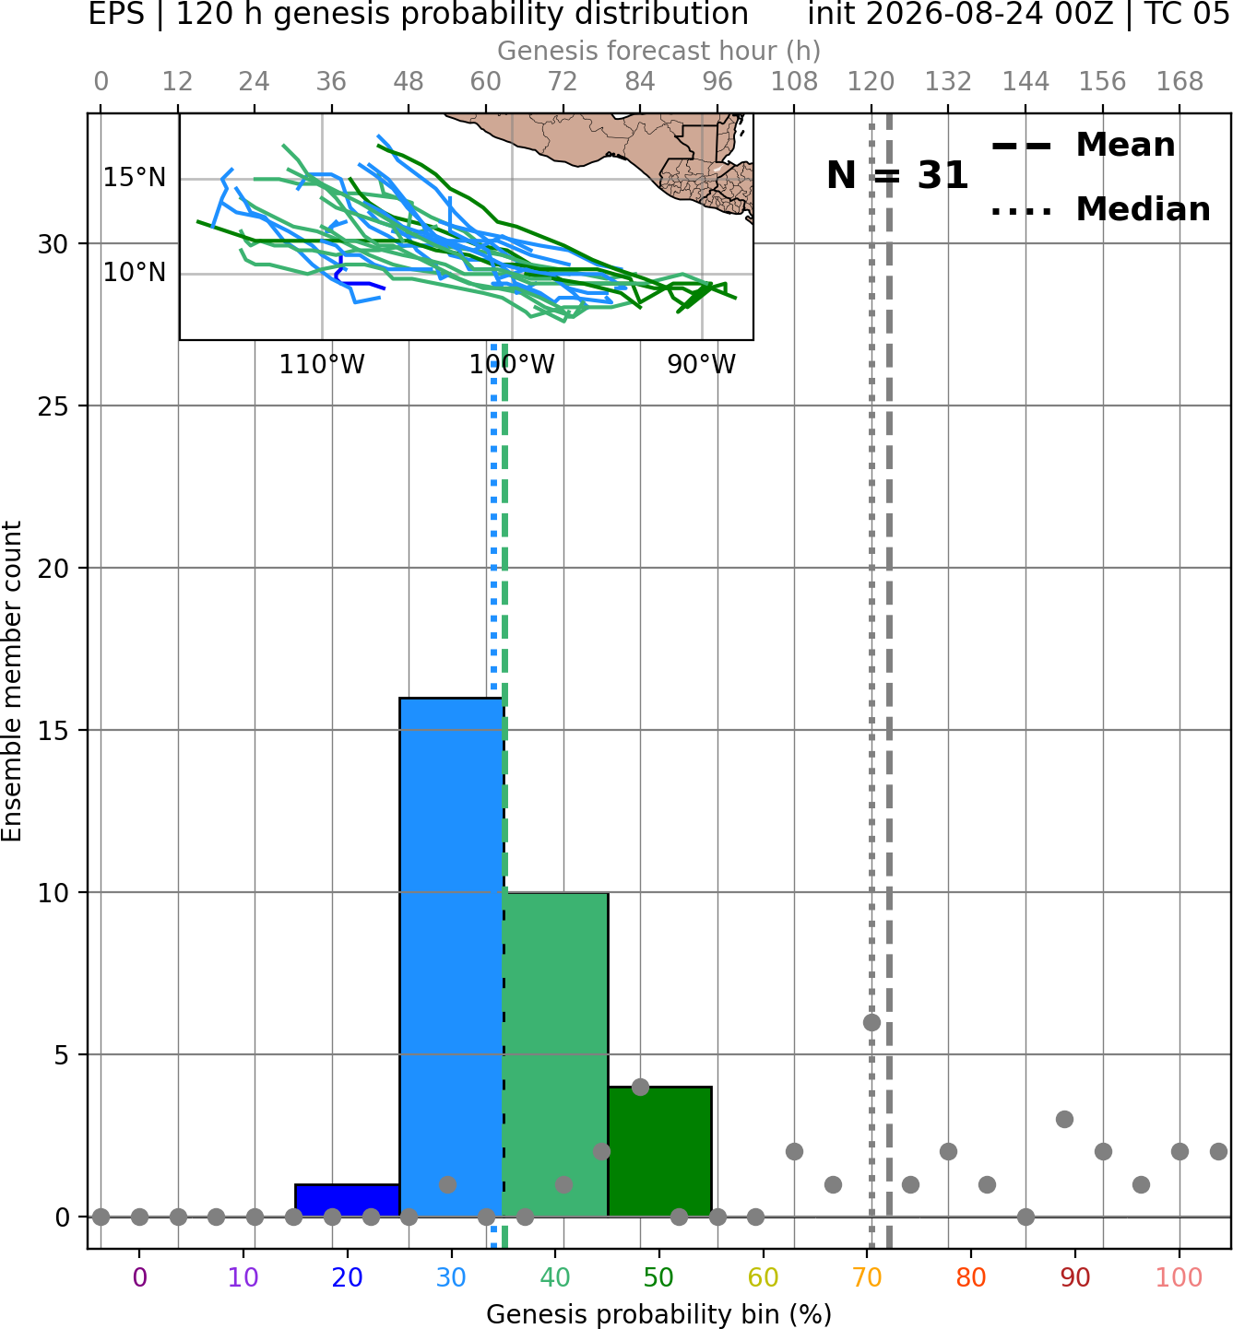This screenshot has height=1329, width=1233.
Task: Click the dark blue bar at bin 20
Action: [348, 1200]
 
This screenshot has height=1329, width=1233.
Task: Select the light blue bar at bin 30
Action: [451, 957]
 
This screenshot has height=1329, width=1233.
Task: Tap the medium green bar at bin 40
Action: [555, 1054]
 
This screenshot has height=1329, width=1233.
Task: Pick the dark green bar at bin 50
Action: [659, 1151]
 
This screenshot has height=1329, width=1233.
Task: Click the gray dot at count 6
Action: [871, 1022]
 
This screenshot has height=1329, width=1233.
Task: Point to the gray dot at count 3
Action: [1064, 1119]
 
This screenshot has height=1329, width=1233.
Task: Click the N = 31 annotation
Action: [897, 175]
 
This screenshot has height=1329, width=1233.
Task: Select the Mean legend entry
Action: [1083, 146]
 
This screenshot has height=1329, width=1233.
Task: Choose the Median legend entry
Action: [1100, 209]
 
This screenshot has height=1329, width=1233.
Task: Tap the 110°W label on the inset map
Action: [322, 365]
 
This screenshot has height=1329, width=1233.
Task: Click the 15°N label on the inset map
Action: [134, 178]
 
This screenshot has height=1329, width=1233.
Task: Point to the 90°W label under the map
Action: [701, 365]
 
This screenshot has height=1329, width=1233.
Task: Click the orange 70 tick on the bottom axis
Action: [867, 1278]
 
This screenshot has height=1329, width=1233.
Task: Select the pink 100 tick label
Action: [1179, 1278]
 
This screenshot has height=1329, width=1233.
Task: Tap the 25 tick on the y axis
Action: [53, 406]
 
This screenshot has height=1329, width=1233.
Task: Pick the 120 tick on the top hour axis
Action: [871, 82]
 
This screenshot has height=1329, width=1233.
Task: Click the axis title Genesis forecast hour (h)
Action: [659, 51]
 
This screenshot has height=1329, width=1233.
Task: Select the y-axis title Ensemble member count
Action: [12, 681]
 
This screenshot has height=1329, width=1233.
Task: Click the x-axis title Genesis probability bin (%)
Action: [659, 1314]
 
